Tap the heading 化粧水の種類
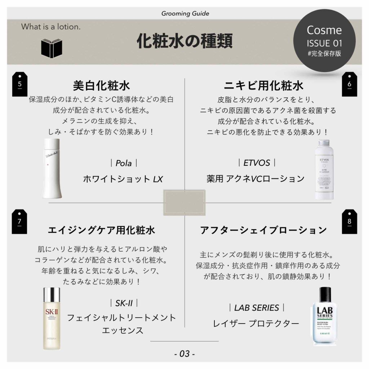click(x=184, y=41)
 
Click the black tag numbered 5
click(x=20, y=84)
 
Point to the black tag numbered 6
click(x=349, y=84)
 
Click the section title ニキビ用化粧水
click(x=263, y=86)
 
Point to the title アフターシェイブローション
click(x=263, y=230)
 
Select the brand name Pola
click(x=124, y=163)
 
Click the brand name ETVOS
click(x=257, y=163)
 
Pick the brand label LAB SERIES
click(x=257, y=308)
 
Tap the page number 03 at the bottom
click(x=184, y=354)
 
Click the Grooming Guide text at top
click(x=185, y=14)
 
